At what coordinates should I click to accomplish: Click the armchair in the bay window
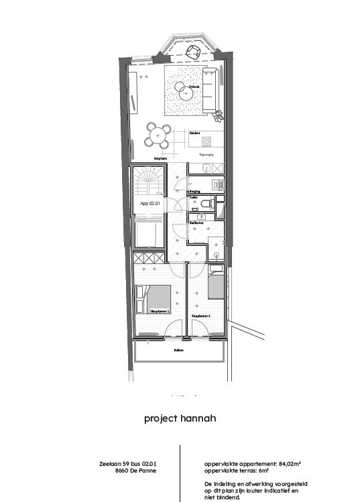(x=195, y=54)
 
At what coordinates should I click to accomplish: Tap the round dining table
(x=158, y=136)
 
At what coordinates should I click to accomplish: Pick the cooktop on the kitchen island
(x=206, y=141)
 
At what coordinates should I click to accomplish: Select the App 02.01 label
(x=149, y=202)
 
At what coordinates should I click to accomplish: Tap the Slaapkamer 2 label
(x=201, y=315)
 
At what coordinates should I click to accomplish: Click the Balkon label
(x=179, y=350)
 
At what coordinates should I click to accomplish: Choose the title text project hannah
(x=180, y=419)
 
